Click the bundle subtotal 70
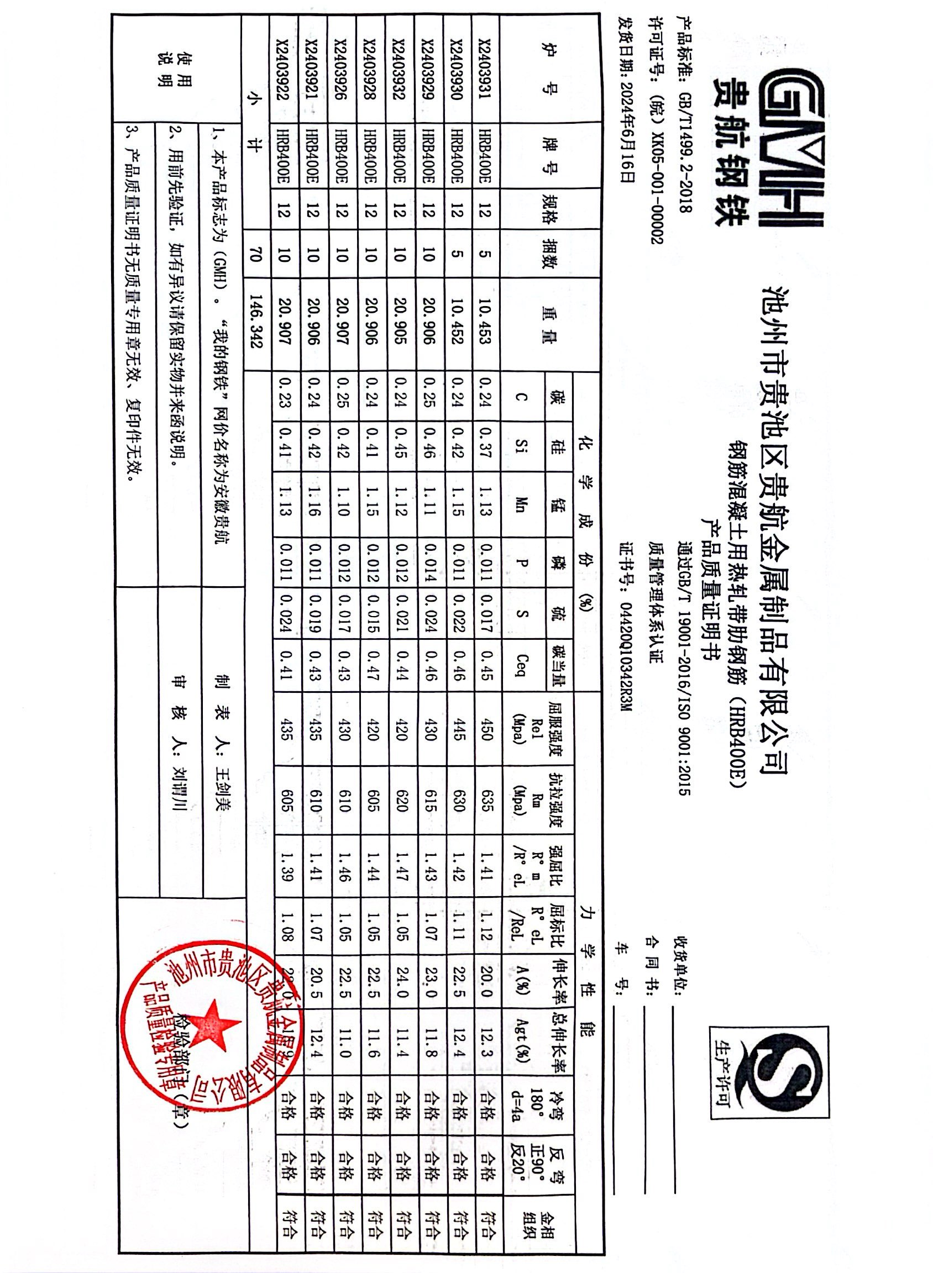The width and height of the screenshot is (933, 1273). point(256,257)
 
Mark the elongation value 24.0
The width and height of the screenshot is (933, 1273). point(400,983)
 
